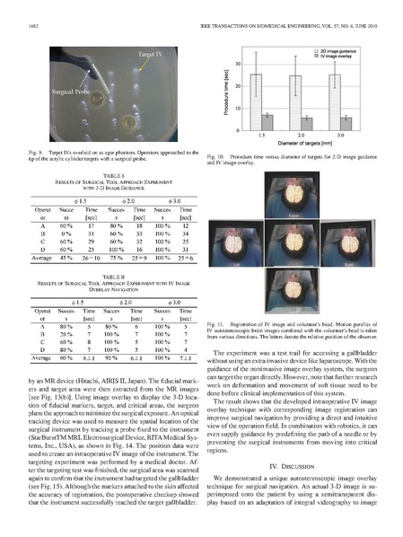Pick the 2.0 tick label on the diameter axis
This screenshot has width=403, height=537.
click(x=301, y=137)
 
